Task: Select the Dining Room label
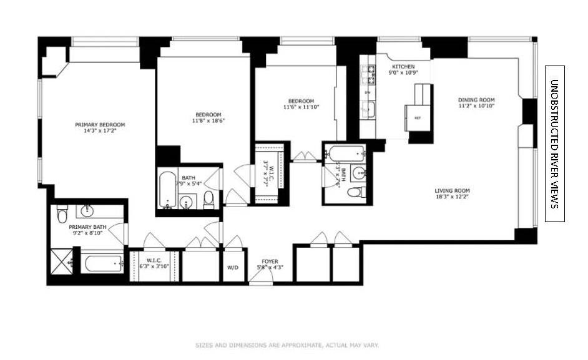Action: pyautogui.click(x=476, y=100)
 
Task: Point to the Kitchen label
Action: pyautogui.click(x=403, y=66)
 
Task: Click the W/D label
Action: pyautogui.click(x=233, y=268)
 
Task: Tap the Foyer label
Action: pyautogui.click(x=270, y=261)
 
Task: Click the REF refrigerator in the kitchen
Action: pyautogui.click(x=416, y=117)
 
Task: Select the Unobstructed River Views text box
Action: pyautogui.click(x=554, y=144)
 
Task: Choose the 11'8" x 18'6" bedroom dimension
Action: pyautogui.click(x=208, y=121)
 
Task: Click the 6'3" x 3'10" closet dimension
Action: pyautogui.click(x=154, y=266)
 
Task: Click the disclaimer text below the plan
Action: pyautogui.click(x=287, y=345)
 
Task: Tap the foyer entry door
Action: pyautogui.click(x=260, y=282)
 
